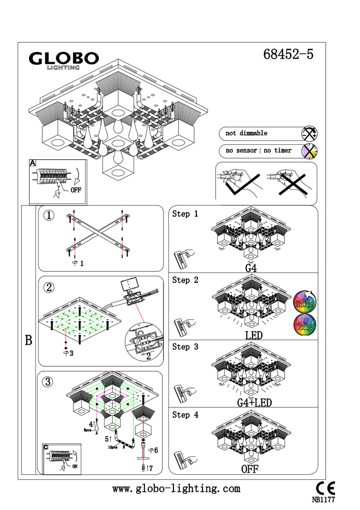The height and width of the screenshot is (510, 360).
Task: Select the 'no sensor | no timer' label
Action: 259,151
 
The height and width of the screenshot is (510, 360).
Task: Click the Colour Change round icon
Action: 305,302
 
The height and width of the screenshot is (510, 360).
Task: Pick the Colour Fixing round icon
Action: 305,325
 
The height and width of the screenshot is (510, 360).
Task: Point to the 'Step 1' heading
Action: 185,214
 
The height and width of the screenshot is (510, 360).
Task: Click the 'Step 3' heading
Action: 185,347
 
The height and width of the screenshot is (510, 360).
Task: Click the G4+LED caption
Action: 254,403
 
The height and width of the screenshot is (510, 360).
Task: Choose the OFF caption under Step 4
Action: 250,470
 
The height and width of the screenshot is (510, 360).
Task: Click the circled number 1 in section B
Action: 49,216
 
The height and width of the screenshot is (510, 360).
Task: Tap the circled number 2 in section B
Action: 49,287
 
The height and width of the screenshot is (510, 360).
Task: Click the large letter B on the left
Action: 29,341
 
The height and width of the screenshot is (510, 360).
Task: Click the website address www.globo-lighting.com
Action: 176,489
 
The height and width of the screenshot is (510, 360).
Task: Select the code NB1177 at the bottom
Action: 323,499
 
